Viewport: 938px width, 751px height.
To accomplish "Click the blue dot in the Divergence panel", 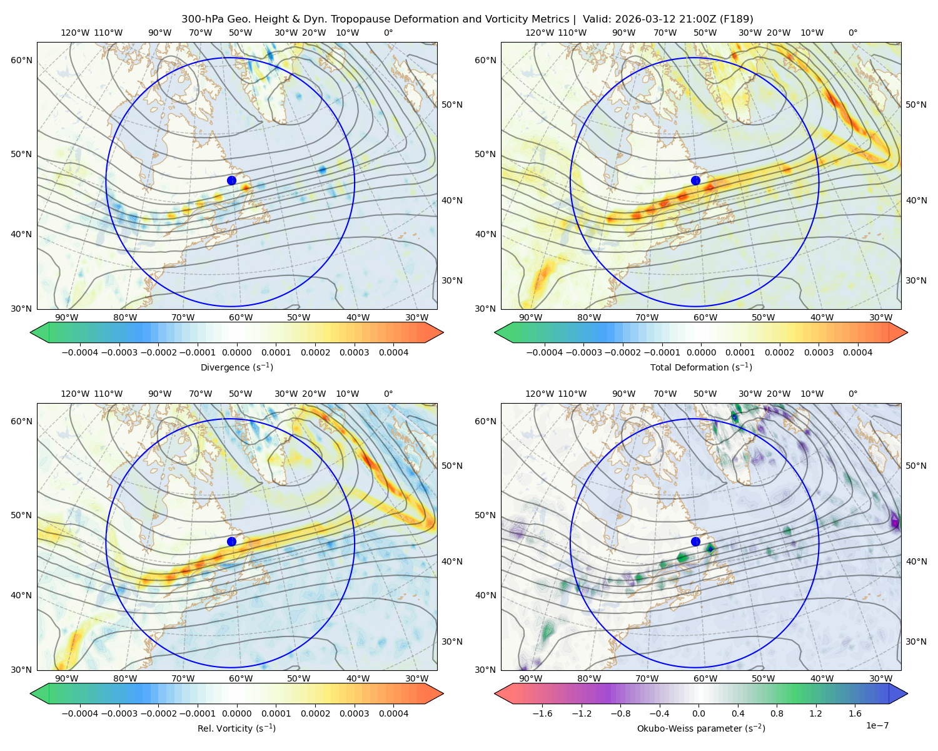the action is point(231,180).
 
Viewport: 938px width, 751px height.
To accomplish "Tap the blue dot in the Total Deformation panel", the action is point(695,180).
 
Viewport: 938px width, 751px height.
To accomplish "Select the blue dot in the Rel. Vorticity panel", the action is point(231,541).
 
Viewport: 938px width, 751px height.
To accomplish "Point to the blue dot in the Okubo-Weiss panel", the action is point(695,541).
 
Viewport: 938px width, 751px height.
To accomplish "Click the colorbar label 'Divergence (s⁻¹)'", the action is point(236,367).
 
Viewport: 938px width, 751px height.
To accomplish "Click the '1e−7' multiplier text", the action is point(877,725).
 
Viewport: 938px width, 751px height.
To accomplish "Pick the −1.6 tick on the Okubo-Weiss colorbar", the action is point(542,713).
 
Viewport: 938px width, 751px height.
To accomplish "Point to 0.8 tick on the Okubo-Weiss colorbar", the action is point(777,713).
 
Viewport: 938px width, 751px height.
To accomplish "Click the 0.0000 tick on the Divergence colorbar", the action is point(236,352).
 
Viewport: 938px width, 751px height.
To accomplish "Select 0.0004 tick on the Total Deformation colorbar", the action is point(857,352).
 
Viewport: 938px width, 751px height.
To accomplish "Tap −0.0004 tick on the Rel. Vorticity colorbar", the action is point(80,713).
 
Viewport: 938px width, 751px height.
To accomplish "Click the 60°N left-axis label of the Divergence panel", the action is point(22,60).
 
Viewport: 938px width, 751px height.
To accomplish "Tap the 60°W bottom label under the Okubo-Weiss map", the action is point(705,678).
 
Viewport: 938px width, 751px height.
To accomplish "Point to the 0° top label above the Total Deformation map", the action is point(852,33).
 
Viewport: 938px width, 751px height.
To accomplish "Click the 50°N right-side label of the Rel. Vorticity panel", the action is point(452,465).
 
